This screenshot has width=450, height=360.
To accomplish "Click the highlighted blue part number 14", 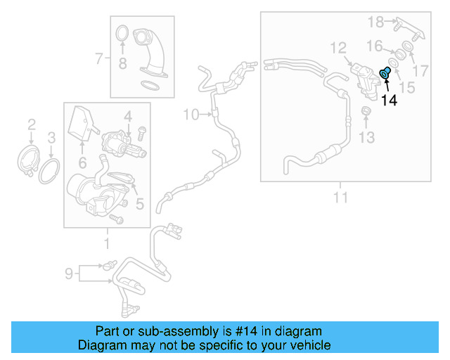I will [385, 73].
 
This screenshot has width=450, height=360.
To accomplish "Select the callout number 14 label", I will [389, 101].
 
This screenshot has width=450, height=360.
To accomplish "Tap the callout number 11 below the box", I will [340, 198].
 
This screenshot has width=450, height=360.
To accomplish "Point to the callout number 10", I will [191, 113].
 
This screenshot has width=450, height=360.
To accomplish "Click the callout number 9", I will [69, 272].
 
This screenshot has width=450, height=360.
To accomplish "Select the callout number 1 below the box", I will [107, 244].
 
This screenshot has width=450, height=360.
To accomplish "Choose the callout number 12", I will [338, 48].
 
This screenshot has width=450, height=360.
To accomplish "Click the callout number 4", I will [129, 115].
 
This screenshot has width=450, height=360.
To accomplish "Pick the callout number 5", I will [139, 205].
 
